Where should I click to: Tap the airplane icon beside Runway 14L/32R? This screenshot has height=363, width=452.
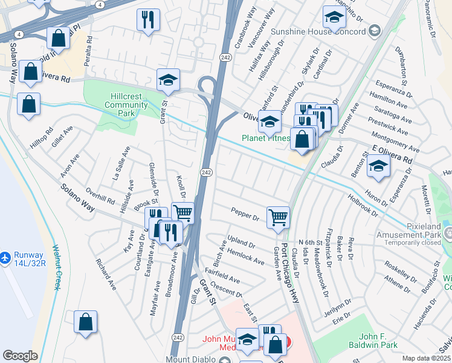5,258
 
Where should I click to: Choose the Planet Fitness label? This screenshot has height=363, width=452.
266,138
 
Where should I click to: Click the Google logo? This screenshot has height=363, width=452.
20,356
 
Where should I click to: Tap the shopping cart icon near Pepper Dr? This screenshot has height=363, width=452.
278,216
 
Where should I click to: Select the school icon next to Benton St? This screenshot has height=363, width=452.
378,165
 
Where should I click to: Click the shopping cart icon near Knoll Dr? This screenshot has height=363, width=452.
182,212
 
